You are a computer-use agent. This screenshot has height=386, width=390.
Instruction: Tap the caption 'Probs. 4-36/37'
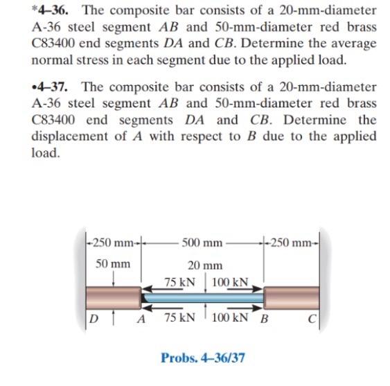pos(202,358)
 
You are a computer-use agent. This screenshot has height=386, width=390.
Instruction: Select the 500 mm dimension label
pos(202,243)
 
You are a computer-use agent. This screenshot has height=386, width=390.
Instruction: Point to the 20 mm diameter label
pos(206,265)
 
